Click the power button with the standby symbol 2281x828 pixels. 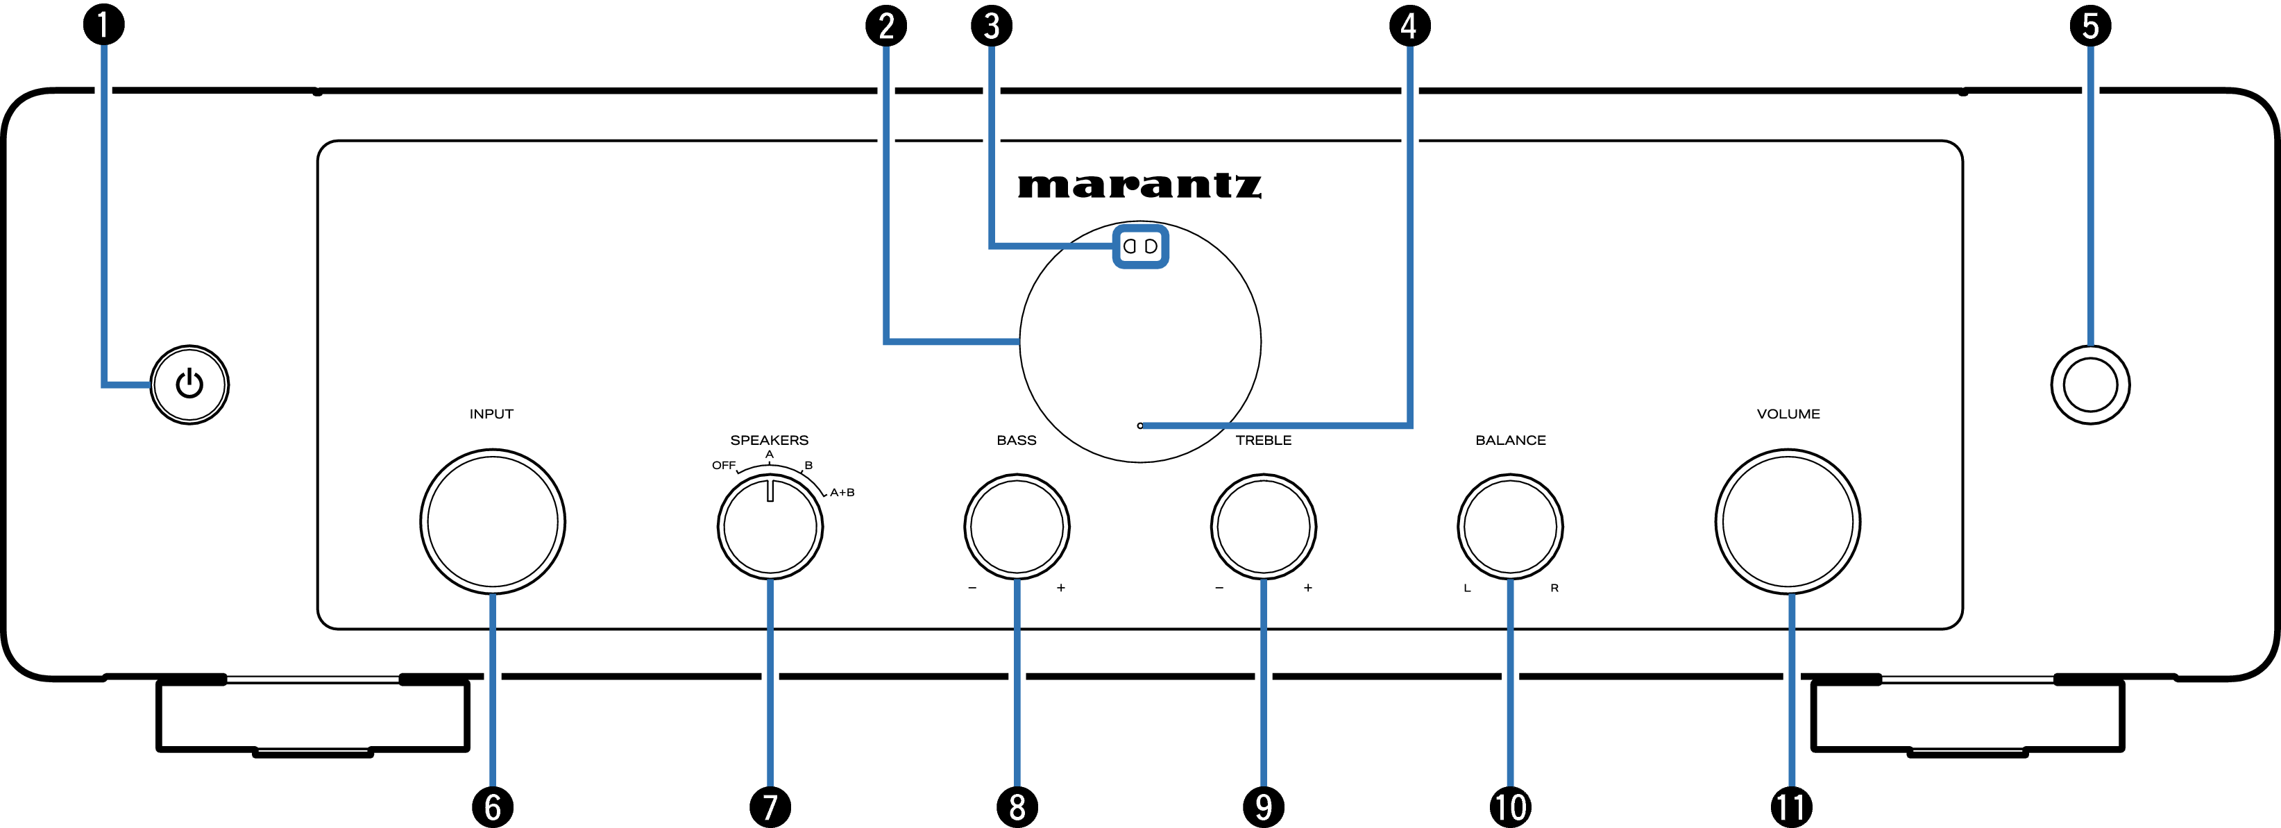[x=189, y=385]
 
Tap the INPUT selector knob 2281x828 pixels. [x=492, y=522]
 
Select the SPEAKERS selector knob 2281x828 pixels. [x=770, y=527]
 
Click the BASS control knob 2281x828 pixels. [x=1017, y=527]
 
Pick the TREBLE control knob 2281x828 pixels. [x=1264, y=527]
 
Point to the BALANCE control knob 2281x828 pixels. [x=1510, y=527]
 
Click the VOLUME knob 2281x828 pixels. [x=1788, y=522]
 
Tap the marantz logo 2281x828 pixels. [x=1139, y=185]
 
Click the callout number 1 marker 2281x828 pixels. [x=103, y=25]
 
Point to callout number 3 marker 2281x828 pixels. [x=992, y=25]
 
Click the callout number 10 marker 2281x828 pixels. [x=1510, y=806]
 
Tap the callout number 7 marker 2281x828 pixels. [x=770, y=806]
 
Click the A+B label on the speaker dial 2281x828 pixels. [x=842, y=492]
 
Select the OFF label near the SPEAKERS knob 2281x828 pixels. [x=723, y=465]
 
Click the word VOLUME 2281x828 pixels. [x=1788, y=414]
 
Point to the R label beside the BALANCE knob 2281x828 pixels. [x=1554, y=588]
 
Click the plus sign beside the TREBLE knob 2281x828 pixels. [x=1308, y=588]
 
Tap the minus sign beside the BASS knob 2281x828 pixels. [x=972, y=588]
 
